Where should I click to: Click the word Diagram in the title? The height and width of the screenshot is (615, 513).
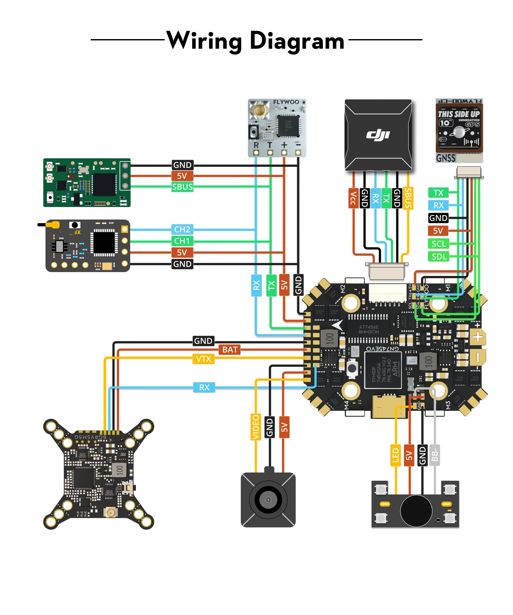[x=297, y=41]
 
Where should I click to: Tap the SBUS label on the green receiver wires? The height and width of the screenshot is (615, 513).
[x=182, y=187]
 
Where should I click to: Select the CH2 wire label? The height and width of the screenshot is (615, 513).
[x=182, y=229]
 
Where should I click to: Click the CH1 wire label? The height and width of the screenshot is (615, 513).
[x=182, y=241]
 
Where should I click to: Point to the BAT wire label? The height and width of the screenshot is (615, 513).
[x=230, y=350]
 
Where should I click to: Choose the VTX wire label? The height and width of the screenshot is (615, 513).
[x=204, y=359]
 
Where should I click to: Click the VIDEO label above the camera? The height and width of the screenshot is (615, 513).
[x=256, y=427]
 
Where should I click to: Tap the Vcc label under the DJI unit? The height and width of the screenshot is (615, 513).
[x=353, y=198]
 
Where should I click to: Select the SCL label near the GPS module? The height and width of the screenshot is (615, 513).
[x=438, y=244]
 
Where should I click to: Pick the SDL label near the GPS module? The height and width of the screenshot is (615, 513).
[x=439, y=257]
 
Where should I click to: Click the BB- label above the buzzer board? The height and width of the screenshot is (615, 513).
[x=434, y=455]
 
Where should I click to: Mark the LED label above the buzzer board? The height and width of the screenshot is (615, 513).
[x=395, y=455]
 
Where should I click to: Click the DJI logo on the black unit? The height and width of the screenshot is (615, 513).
[x=378, y=135]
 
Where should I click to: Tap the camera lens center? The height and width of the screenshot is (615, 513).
[x=268, y=500]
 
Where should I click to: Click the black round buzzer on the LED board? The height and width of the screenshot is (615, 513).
[x=416, y=511]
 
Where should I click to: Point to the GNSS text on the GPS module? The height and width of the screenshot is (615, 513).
[x=446, y=158]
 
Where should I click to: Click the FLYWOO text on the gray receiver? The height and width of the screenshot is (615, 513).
[x=286, y=102]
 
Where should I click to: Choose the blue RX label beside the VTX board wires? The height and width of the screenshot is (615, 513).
[x=204, y=387]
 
